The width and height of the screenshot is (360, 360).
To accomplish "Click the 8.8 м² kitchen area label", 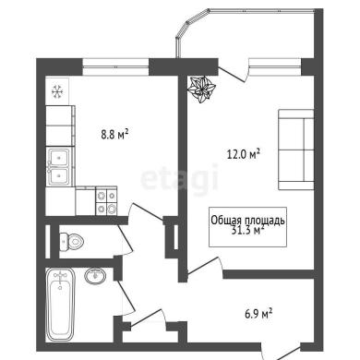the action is [114, 135].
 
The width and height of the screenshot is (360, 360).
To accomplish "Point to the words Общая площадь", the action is [247, 221].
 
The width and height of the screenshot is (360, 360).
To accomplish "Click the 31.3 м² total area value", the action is [247, 230].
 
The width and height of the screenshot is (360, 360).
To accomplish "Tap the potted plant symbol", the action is [201, 90].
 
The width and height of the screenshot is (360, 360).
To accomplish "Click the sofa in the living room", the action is [296, 150].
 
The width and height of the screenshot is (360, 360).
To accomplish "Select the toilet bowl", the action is [71, 241].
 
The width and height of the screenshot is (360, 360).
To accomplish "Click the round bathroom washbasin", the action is [95, 276].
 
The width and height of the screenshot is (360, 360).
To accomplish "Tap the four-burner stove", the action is [106, 202].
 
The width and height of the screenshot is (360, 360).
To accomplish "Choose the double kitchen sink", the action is [59, 166].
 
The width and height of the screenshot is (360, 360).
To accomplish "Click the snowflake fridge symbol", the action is [57, 91].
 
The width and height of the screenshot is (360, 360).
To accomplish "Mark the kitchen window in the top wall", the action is [115, 66].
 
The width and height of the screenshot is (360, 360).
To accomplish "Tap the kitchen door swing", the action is [146, 211].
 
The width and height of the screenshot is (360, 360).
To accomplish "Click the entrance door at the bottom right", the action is [281, 354].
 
